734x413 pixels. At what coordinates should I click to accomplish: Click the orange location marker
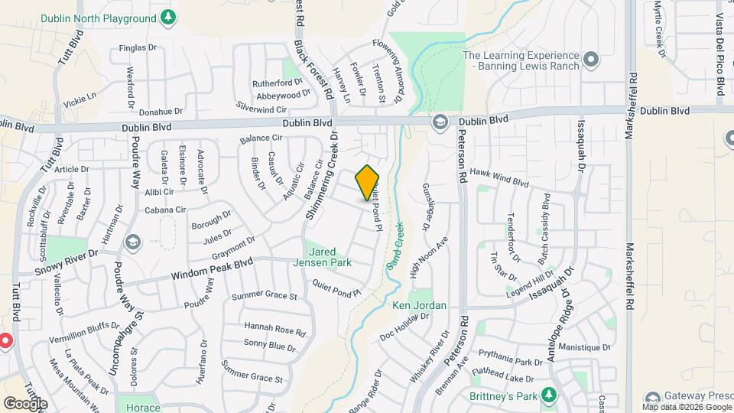[x=368, y=182]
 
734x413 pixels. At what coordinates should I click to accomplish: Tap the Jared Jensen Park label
[x=328, y=256]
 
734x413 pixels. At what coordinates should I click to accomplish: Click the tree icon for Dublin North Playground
[x=167, y=17]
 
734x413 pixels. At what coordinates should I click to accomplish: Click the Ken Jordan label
[x=418, y=305]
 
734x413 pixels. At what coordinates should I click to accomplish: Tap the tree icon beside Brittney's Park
[x=547, y=395]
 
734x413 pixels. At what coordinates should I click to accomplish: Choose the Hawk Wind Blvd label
[x=499, y=177]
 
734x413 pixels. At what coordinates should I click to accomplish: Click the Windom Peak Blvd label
[x=211, y=268]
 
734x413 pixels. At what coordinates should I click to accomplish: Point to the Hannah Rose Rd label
[x=274, y=330]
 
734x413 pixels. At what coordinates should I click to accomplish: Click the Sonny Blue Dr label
[x=269, y=347]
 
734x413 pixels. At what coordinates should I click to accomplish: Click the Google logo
[x=25, y=403]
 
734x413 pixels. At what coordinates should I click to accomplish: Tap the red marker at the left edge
[x=5, y=341]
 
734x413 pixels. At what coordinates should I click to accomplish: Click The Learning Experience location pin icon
[x=589, y=60]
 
